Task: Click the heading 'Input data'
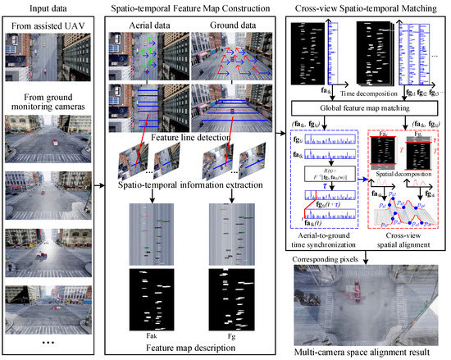(x=50, y=10)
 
